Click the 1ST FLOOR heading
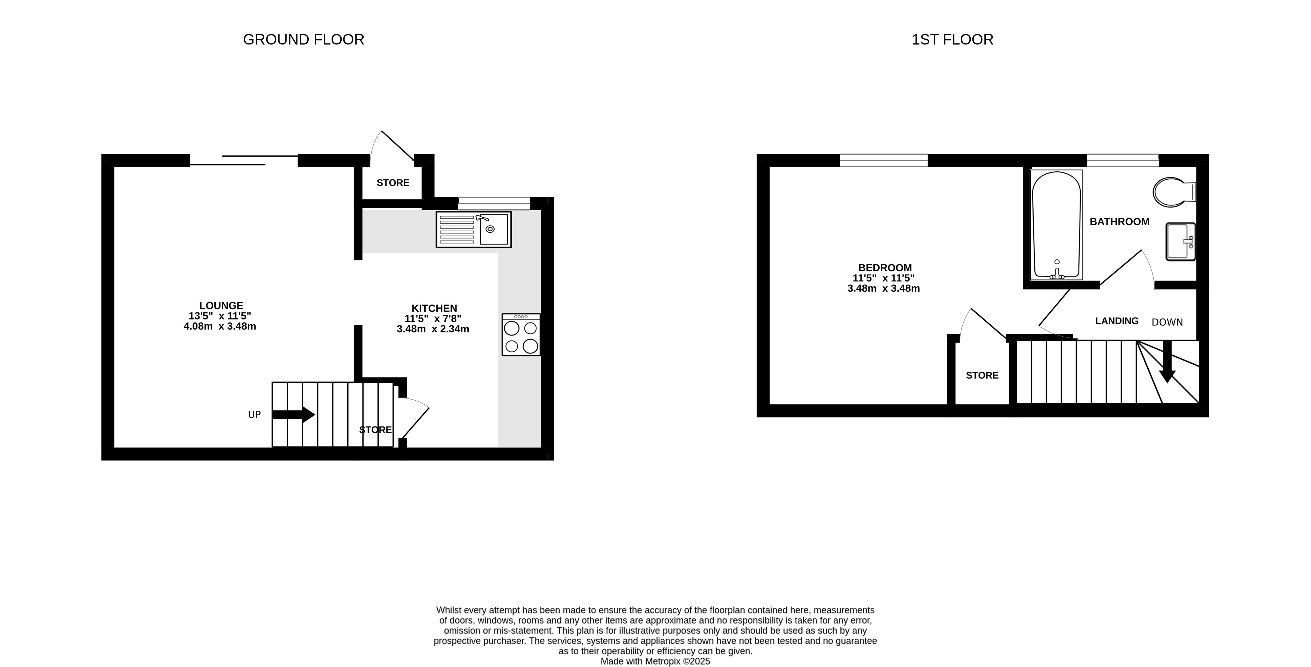[952, 40]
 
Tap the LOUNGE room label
[221, 306]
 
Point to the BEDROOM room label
[885, 268]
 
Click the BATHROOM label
[1119, 222]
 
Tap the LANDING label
[1117, 321]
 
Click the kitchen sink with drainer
[473, 230]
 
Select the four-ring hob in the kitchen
[521, 334]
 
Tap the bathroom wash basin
[1180, 241]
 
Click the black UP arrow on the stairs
[294, 414]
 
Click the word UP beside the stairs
[255, 415]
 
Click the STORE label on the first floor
[982, 376]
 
